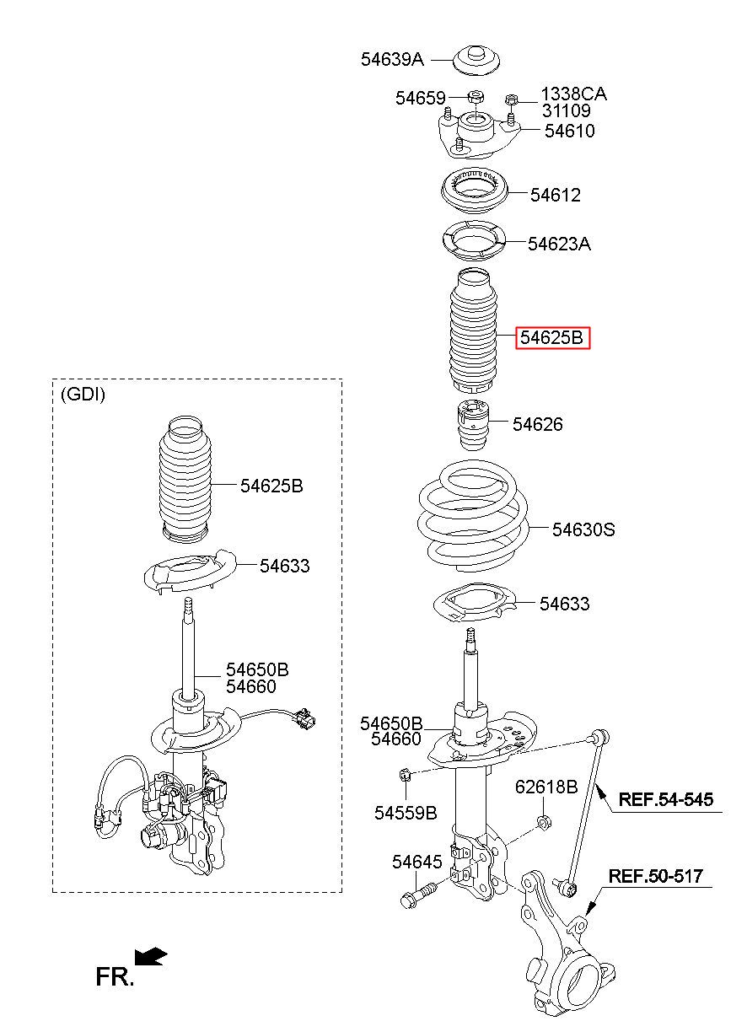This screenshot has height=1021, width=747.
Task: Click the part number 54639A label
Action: click(392, 59)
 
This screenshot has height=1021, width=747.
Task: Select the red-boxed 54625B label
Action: click(552, 338)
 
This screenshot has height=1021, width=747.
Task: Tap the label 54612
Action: click(555, 195)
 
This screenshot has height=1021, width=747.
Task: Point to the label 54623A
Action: click(559, 244)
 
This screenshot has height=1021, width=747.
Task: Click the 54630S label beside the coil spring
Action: click(583, 529)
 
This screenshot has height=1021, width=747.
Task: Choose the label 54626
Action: click(538, 424)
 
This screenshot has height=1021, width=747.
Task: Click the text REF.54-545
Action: click(665, 799)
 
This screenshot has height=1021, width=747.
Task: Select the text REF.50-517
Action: click(656, 876)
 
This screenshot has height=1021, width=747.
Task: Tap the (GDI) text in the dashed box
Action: click(83, 394)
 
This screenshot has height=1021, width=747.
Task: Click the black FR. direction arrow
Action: click(151, 956)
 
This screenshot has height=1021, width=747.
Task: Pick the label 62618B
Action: click(546, 787)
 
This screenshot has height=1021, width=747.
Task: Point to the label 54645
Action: click(417, 862)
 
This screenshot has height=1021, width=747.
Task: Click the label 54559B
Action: click(406, 813)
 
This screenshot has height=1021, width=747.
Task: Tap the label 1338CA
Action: click(574, 94)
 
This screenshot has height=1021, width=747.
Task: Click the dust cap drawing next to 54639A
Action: click(476, 61)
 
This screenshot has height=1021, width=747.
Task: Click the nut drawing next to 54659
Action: click(476, 97)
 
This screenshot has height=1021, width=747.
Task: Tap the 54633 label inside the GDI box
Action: click(284, 566)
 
